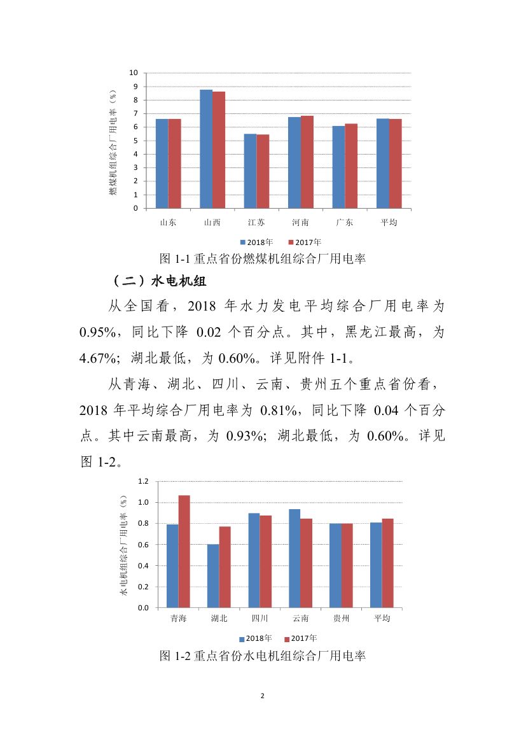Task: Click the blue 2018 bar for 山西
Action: (x=206, y=149)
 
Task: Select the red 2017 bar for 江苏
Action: (x=263, y=171)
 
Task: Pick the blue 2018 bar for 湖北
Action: (x=213, y=576)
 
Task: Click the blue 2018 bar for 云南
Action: (x=294, y=558)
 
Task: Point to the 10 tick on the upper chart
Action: (x=135, y=73)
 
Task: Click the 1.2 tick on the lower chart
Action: (x=144, y=481)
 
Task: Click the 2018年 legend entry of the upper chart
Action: (x=256, y=242)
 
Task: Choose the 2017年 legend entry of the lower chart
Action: (x=300, y=638)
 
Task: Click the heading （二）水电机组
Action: (x=156, y=281)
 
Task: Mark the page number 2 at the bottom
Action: (x=263, y=696)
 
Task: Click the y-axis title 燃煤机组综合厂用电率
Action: (x=113, y=141)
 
